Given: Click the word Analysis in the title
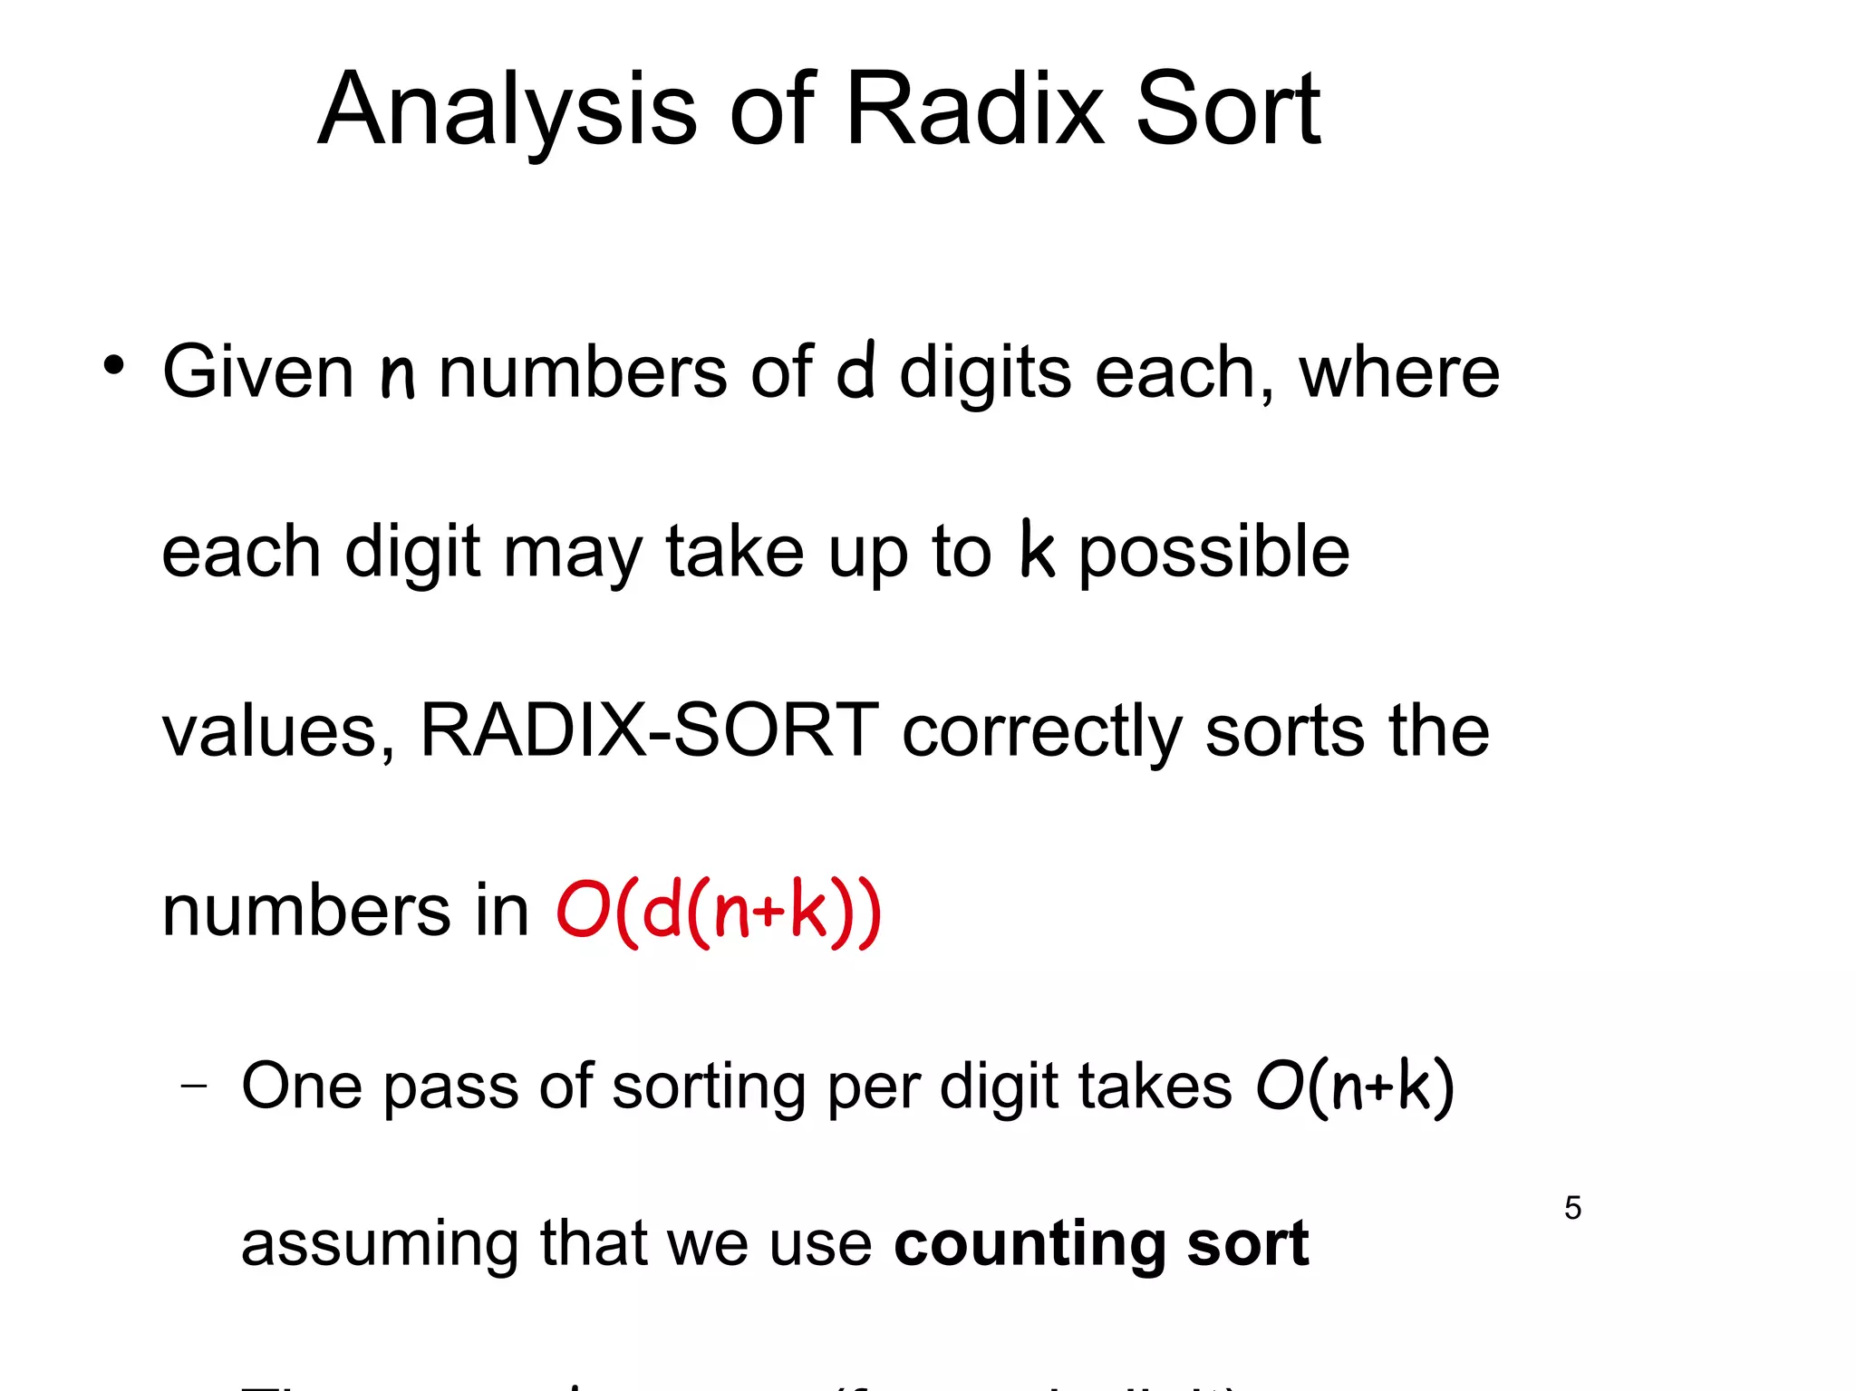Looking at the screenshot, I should tap(507, 111).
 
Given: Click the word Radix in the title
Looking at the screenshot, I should tap(974, 111).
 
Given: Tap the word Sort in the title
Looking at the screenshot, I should tap(1228, 111).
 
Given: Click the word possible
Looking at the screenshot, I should tap(1214, 553).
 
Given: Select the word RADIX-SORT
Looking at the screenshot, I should tap(649, 730).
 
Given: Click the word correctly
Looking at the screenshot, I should tap(1042, 732).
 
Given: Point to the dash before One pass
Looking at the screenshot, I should tap(193, 1086).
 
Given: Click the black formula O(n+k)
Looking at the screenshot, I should tap(1354, 1086).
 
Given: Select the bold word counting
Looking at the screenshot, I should tap(1029, 1243).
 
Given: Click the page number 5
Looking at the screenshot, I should tap(1572, 1208).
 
